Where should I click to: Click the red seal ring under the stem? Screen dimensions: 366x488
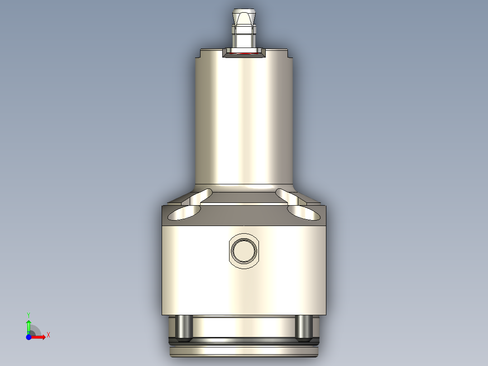coord(245,53)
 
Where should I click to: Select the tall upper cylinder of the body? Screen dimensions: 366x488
coord(244,118)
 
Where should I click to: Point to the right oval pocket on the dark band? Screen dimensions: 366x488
coord(303,212)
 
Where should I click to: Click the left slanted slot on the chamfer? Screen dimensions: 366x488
coord(201,196)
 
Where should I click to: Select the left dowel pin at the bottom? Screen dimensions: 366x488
coord(184,327)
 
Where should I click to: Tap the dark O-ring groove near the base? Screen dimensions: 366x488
coord(244,341)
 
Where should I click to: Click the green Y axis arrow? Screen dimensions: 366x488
coord(29,325)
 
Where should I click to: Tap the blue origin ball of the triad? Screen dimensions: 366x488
coord(29,337)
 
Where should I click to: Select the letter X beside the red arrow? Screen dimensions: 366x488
coord(48,335)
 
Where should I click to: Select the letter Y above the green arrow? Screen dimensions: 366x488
coord(29,314)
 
